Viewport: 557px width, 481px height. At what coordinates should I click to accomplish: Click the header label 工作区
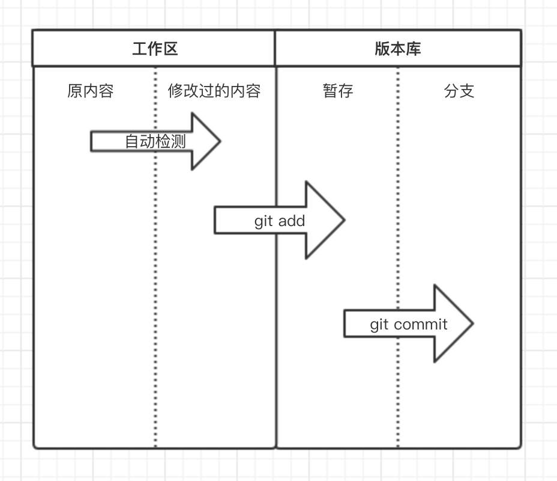coord(155,49)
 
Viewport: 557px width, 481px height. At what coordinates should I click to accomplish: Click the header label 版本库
coord(398,49)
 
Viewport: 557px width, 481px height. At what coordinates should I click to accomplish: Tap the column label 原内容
coord(91,91)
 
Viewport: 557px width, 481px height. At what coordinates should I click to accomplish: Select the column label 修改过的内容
coord(214,91)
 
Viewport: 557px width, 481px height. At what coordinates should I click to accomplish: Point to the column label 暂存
coord(338,91)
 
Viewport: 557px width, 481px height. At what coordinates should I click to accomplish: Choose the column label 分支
coord(459,91)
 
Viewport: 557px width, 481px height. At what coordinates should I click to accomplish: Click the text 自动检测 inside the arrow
coord(155,142)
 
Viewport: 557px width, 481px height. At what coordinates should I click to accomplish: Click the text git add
coord(280,221)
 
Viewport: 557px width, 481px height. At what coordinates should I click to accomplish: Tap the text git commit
coord(409,325)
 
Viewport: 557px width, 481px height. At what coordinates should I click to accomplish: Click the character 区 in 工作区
coord(171,49)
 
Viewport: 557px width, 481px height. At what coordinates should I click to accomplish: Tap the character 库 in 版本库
coord(414,49)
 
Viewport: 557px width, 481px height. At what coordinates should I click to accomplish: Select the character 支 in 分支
coord(467,91)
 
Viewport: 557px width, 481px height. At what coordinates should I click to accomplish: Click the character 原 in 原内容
coord(75,91)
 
